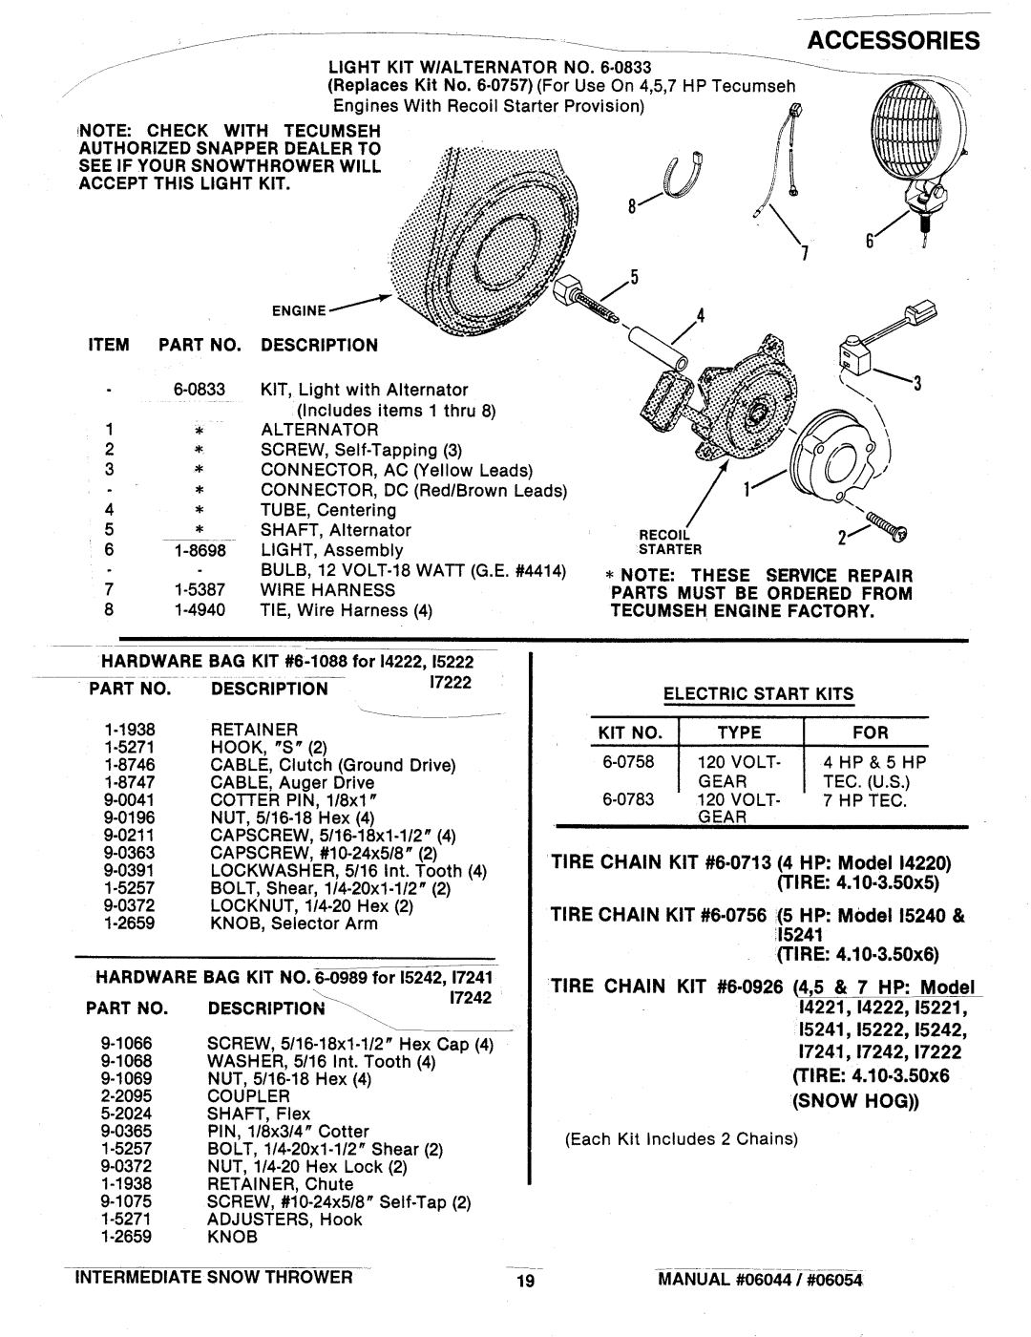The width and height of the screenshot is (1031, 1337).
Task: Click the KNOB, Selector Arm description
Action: click(293, 923)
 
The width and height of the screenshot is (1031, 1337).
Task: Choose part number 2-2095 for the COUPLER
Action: click(142, 1096)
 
